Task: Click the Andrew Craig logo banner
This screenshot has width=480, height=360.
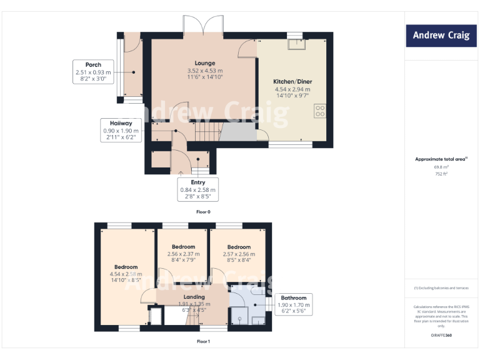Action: coord(441,36)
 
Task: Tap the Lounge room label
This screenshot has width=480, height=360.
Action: coord(205,63)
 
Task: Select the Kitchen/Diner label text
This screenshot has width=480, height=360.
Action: coord(292,82)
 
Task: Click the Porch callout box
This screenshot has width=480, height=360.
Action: coord(93,72)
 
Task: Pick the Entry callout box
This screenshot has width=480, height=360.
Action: coord(197,189)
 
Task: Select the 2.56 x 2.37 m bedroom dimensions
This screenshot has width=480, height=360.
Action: coord(183,254)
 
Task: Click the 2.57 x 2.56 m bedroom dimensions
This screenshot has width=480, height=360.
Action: coord(239,254)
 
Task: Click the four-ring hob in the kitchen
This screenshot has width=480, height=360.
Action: coord(320,111)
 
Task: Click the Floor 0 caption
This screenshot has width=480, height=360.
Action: coord(203,212)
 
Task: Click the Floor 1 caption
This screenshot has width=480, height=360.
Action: coord(203,342)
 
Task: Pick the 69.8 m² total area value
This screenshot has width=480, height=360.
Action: coord(441,167)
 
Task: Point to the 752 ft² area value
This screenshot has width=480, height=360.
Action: coord(441,174)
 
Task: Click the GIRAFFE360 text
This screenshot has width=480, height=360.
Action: coord(441,336)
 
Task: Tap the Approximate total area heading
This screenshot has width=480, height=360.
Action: coord(441,159)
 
